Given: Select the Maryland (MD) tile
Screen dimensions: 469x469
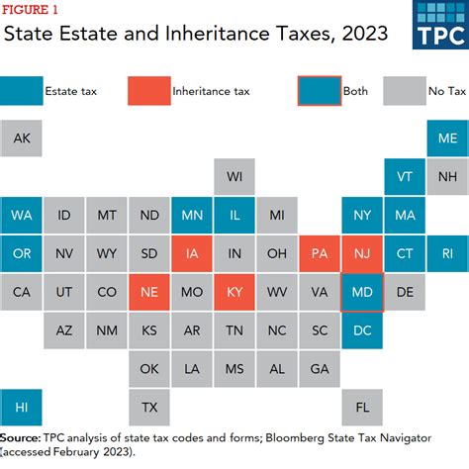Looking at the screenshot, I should tap(361, 292).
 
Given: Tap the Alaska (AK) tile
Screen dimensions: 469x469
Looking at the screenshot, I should tap(22, 139).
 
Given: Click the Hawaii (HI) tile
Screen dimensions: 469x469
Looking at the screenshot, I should tap(22, 407).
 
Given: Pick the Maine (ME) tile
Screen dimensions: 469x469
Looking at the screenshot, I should tap(446, 139).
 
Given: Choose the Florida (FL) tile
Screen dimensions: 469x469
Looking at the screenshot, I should tap(361, 407).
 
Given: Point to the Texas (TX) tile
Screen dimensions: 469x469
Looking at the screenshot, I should tap(149, 407).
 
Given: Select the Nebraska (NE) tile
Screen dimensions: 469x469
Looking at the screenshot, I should tap(149, 292).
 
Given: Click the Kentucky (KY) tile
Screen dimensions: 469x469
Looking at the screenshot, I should tap(234, 292).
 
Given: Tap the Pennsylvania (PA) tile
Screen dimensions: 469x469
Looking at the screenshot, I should tap(319, 253).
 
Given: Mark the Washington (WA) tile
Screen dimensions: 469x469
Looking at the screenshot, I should tap(22, 215).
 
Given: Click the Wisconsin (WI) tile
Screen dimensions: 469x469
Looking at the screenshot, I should tap(234, 177).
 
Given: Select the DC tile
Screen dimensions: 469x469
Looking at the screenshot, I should tap(361, 329).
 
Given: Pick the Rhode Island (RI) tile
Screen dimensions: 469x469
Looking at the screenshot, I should tap(446, 253).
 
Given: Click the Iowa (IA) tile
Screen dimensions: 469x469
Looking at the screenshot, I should tap(192, 253).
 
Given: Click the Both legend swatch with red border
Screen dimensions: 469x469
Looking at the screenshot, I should tap(319, 91).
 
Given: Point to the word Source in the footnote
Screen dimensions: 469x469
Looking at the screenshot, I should tap(21, 436).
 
